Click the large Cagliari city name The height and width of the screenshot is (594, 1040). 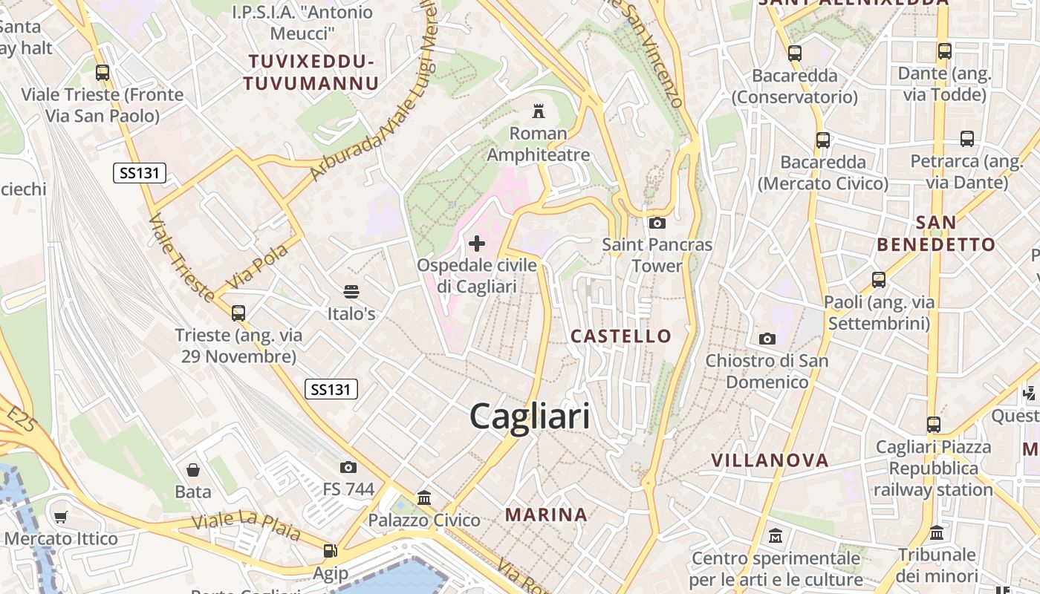[530, 417]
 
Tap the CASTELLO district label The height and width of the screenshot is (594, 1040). [621, 336]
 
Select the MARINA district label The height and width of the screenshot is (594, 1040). [546, 515]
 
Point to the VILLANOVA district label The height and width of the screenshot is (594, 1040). [770, 460]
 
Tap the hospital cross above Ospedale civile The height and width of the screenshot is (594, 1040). [477, 243]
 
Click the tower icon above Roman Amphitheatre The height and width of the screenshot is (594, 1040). [538, 112]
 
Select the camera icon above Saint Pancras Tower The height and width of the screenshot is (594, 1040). [657, 223]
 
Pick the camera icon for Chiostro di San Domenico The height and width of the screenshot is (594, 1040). [767, 339]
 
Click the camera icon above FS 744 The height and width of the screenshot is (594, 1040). [348, 467]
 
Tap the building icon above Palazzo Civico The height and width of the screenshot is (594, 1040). [424, 497]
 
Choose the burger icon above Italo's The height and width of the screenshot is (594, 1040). [351, 292]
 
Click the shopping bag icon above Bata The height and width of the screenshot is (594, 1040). [193, 470]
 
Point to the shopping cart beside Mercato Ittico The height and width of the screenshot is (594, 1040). [61, 517]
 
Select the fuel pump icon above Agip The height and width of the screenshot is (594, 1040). [330, 551]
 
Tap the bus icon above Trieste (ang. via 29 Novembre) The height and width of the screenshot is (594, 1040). [238, 313]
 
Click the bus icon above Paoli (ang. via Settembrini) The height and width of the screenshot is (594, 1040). [879, 280]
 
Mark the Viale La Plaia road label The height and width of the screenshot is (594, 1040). [246, 526]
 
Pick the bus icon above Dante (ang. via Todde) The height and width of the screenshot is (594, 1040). [944, 51]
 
